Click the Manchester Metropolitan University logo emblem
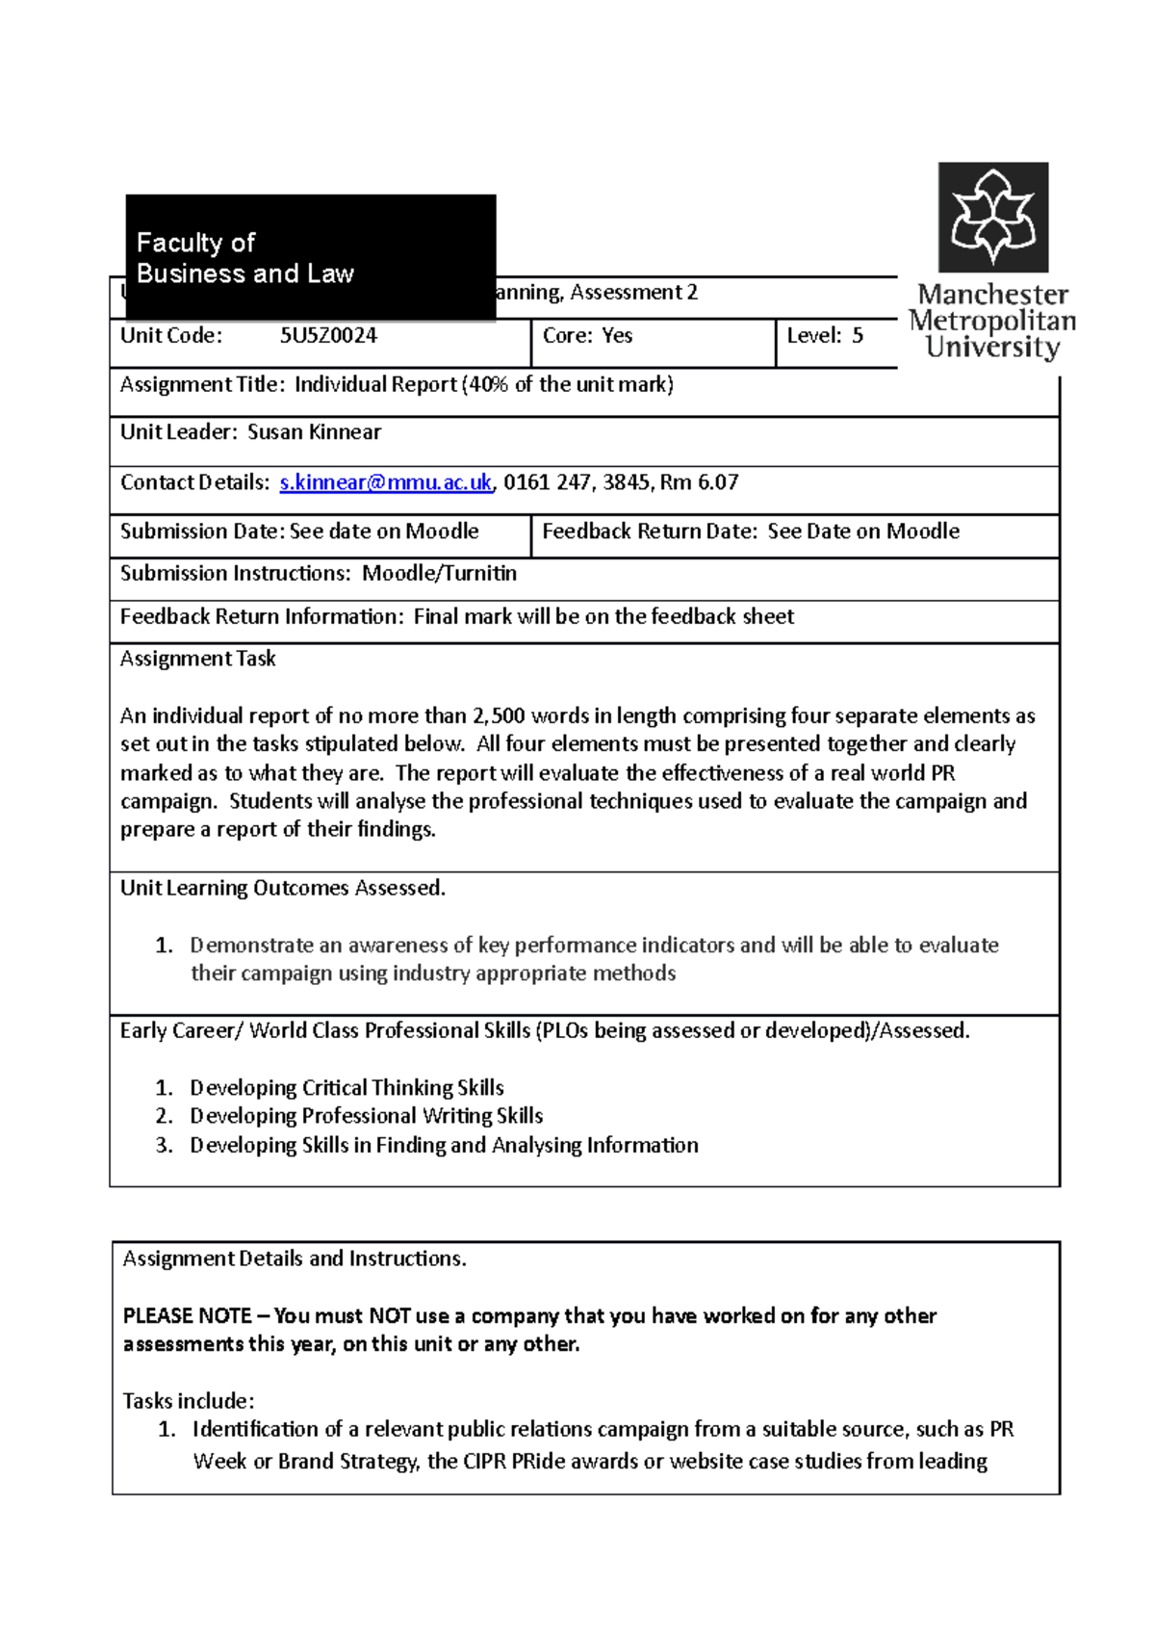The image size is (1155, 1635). (x=993, y=217)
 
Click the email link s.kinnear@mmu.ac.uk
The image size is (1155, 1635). (x=385, y=482)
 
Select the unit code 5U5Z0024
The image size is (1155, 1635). (x=328, y=336)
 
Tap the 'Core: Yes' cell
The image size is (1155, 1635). (x=587, y=336)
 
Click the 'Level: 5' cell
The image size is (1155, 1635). (x=825, y=336)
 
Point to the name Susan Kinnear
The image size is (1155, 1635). (x=314, y=432)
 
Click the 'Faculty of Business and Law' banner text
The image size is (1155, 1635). (x=244, y=258)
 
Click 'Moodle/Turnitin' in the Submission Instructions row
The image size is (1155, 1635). (x=439, y=574)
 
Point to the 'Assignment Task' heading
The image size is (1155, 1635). (x=197, y=659)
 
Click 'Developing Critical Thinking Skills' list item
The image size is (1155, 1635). (x=346, y=1088)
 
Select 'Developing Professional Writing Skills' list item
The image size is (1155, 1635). (x=366, y=1116)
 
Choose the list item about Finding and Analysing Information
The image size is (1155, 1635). (x=444, y=1145)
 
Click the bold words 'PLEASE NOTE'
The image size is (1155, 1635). (x=187, y=1316)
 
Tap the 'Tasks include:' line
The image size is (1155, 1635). (x=189, y=1401)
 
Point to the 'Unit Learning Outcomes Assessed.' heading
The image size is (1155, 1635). (x=283, y=888)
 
